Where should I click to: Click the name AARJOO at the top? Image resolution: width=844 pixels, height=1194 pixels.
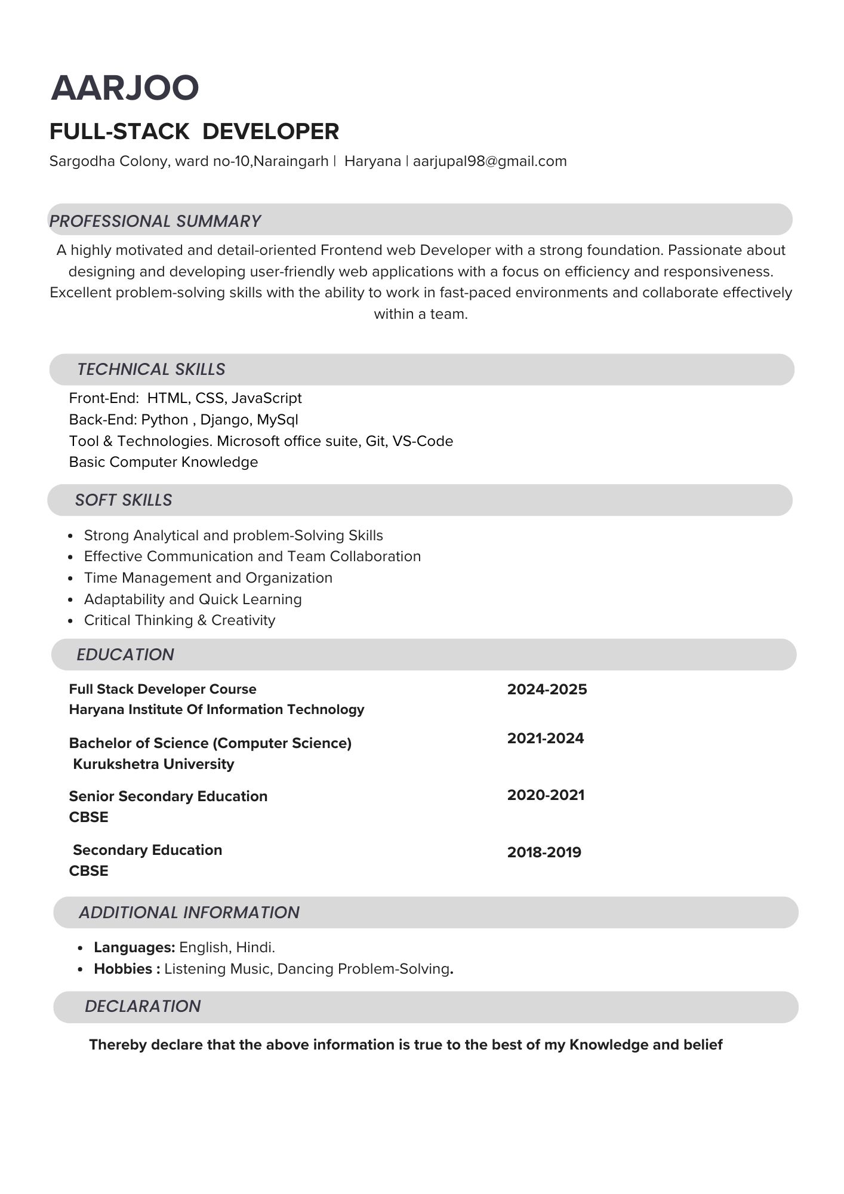tap(125, 88)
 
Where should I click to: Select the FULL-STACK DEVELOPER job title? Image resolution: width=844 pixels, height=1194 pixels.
tap(194, 131)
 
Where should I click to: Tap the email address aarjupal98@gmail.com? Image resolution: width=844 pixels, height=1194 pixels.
tap(489, 161)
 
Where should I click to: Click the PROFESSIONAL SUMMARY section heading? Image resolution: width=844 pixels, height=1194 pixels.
tap(155, 221)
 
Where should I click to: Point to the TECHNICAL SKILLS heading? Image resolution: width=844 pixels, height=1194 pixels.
tap(151, 369)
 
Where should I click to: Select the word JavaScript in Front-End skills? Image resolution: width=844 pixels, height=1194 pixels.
tap(266, 398)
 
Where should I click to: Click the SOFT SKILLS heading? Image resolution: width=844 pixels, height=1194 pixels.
tap(124, 500)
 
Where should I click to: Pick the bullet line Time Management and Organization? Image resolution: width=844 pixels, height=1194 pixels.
tap(208, 578)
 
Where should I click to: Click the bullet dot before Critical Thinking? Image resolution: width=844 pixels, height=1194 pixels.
tap(70, 621)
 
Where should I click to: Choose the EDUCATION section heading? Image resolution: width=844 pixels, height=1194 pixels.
tap(125, 654)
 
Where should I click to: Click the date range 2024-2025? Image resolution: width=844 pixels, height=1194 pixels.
tap(547, 690)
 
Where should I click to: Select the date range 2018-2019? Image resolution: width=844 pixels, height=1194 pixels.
tap(544, 852)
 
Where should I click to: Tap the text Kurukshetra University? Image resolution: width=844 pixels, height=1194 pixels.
tap(153, 764)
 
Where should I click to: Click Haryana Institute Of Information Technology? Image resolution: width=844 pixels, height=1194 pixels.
tap(216, 709)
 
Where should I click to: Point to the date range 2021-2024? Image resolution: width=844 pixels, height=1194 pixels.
tap(546, 738)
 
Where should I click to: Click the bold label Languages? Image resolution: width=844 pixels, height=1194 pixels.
tap(134, 947)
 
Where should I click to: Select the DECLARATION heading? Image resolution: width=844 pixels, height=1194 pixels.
tap(143, 1006)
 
